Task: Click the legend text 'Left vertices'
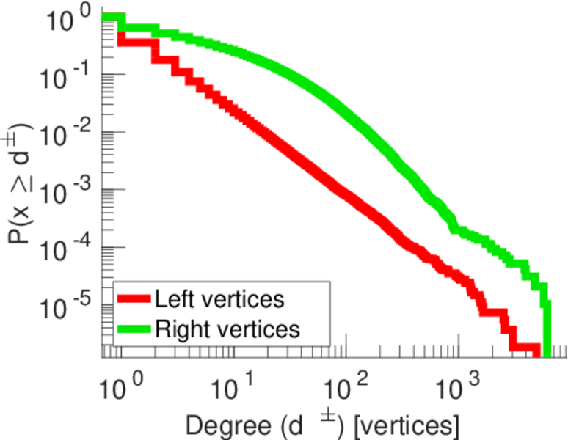click(219, 299)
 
